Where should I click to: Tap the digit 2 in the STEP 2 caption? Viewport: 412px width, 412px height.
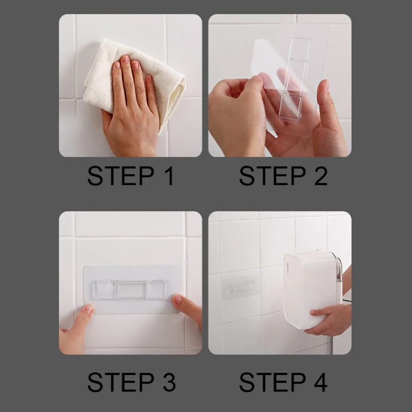pyautogui.click(x=321, y=176)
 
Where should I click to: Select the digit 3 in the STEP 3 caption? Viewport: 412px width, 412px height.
pyautogui.click(x=169, y=382)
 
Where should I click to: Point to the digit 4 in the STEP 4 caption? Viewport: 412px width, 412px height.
pyautogui.click(x=320, y=382)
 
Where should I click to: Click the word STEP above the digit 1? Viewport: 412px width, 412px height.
pyautogui.click(x=121, y=176)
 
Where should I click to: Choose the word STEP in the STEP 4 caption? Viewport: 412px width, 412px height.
pyautogui.click(x=272, y=382)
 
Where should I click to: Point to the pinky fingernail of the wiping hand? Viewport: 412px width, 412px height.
pyautogui.click(x=149, y=79)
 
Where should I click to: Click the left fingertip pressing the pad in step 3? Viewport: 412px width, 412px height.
pyautogui.click(x=89, y=310)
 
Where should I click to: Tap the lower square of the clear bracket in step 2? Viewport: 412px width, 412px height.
pyautogui.click(x=290, y=106)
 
